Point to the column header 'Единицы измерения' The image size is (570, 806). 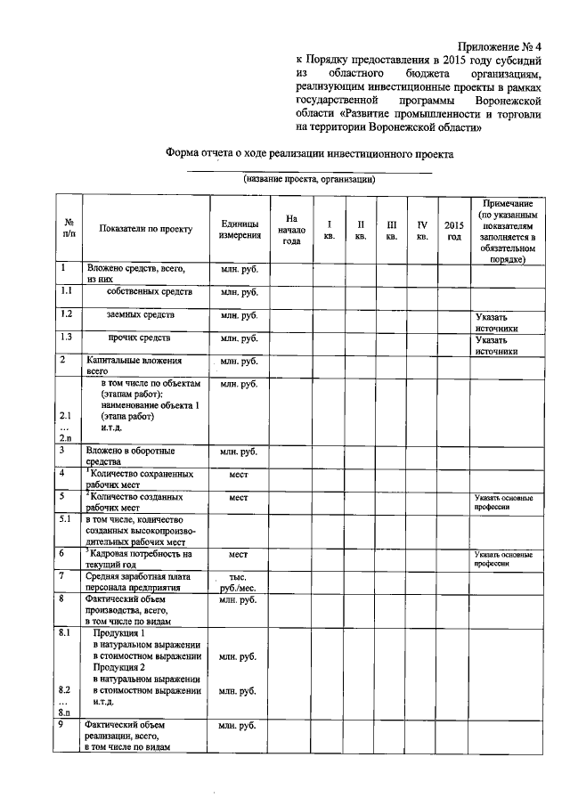239,230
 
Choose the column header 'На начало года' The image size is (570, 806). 291,230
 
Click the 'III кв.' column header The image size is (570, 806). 391,230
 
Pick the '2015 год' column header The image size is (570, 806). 453,230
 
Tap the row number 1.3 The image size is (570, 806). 65,338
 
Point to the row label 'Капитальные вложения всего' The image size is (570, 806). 134,365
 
